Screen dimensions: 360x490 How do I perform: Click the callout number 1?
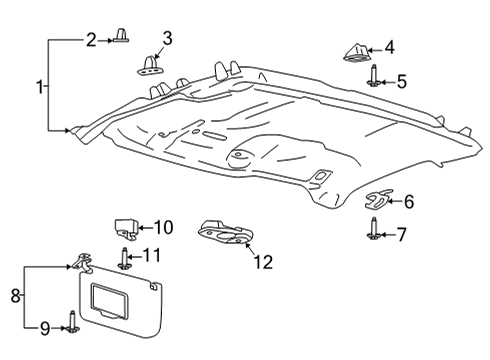[x=41, y=88]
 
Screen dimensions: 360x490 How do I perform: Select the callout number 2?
[x=90, y=40]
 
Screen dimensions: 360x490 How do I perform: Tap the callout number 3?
[x=167, y=39]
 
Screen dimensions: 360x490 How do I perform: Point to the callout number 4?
[x=389, y=47]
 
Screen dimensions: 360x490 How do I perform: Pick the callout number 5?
[x=401, y=82]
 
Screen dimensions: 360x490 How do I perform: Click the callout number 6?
[x=408, y=202]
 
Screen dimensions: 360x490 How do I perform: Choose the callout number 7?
[x=401, y=235]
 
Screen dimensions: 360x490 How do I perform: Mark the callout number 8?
[x=15, y=296]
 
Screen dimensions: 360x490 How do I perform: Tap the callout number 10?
[x=163, y=228]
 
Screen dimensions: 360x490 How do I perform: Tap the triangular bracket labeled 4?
[x=355, y=51]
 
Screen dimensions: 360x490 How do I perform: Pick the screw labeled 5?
[x=372, y=77]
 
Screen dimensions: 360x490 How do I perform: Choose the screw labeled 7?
[x=372, y=231]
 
